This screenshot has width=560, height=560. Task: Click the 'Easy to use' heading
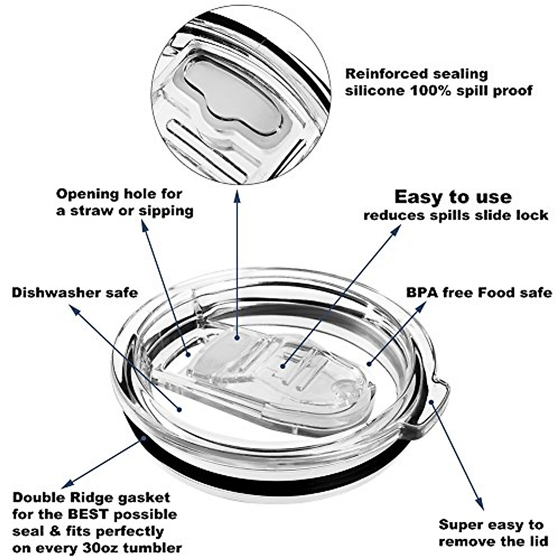pos(453,197)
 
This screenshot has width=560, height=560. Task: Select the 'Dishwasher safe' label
pos(75,293)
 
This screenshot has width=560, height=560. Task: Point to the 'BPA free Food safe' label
pos(479,293)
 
